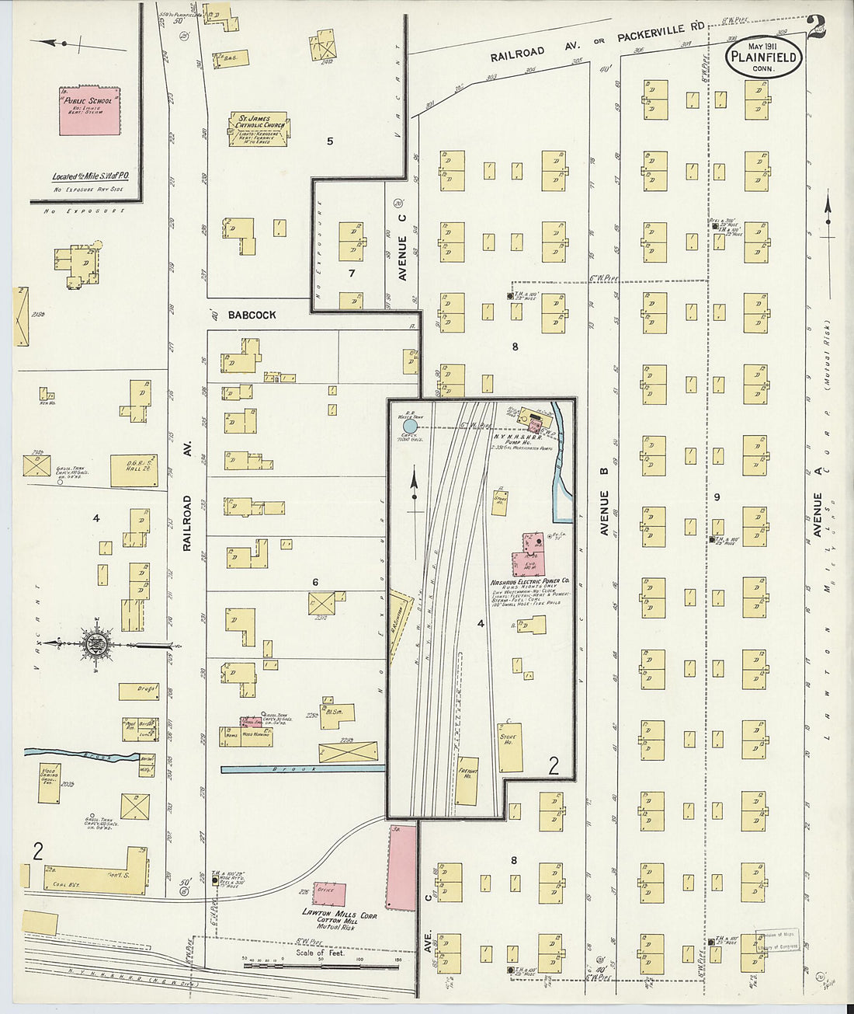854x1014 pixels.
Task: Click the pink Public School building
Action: coord(90,110)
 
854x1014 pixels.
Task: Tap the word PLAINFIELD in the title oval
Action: coord(765,56)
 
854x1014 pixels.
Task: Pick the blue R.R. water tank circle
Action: coord(411,426)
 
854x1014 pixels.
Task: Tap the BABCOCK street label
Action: coord(252,315)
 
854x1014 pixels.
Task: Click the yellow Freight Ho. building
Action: coord(467,780)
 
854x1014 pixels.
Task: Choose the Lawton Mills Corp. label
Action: coord(339,915)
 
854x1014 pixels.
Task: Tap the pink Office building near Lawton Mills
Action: coord(329,894)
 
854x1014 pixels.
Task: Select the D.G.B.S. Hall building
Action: coord(133,471)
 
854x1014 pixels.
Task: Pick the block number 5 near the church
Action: coord(330,141)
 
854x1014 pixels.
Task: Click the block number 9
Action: coord(717,497)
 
